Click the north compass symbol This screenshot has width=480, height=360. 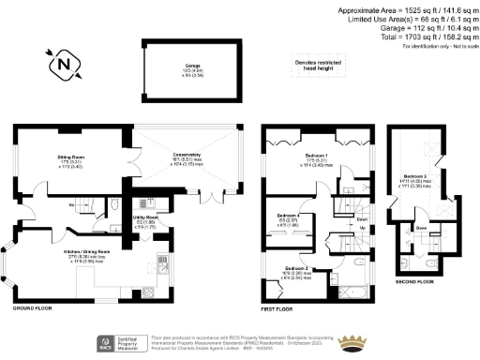click(63, 67)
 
